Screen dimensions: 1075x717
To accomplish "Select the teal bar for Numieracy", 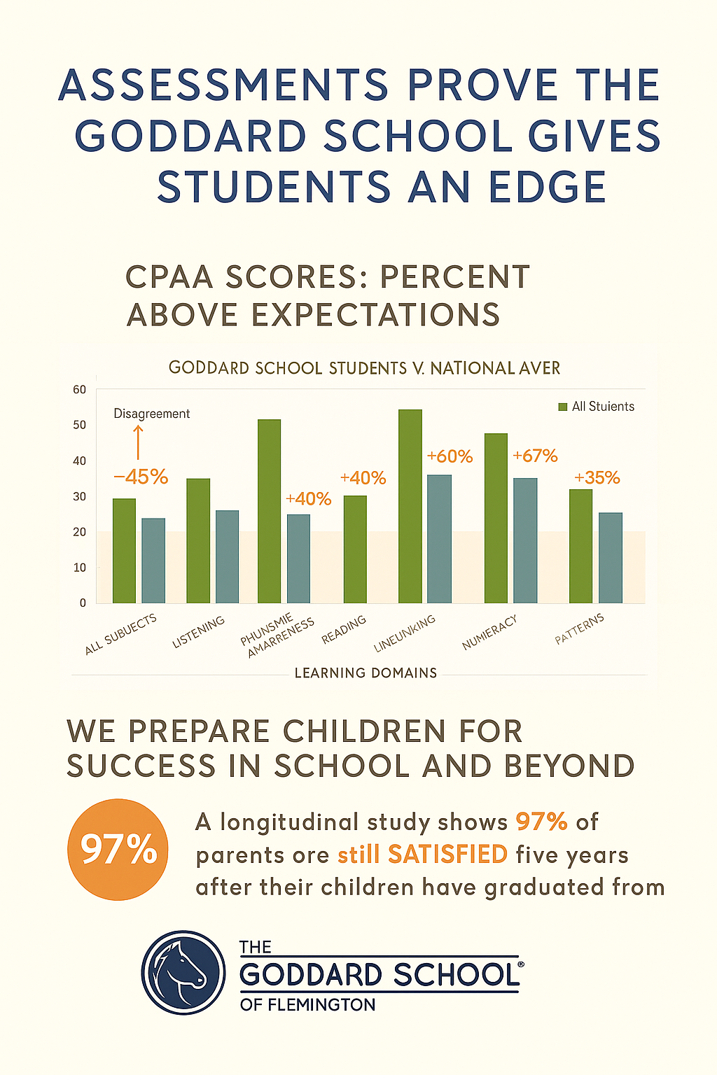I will (x=525, y=540).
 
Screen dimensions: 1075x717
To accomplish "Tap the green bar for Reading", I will (x=355, y=549).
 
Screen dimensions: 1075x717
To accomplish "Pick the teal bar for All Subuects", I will (x=153, y=561).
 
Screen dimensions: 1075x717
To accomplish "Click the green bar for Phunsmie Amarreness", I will (x=270, y=511).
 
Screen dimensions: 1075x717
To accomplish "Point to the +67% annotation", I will (x=535, y=456).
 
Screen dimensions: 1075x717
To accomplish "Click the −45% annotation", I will (x=141, y=477).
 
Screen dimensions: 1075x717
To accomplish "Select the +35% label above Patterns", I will (x=597, y=478).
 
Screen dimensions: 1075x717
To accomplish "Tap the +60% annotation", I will (x=450, y=457).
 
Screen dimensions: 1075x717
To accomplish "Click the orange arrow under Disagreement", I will (x=138, y=442).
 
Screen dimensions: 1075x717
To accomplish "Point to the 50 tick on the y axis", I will (x=79, y=426).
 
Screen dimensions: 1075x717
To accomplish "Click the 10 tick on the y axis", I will (x=79, y=568).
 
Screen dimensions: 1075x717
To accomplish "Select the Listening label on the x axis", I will (x=199, y=632).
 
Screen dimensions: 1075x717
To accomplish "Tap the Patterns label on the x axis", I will (x=579, y=629).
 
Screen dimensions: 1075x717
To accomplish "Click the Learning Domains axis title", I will (x=366, y=673).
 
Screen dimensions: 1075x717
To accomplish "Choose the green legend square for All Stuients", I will (x=562, y=407).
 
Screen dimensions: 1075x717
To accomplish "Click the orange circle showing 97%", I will (x=118, y=850).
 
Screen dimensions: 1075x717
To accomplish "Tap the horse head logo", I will (x=183, y=973).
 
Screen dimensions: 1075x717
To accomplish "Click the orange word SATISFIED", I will (x=447, y=855).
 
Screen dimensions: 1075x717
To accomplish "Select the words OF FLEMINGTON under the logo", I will (x=307, y=1005).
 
